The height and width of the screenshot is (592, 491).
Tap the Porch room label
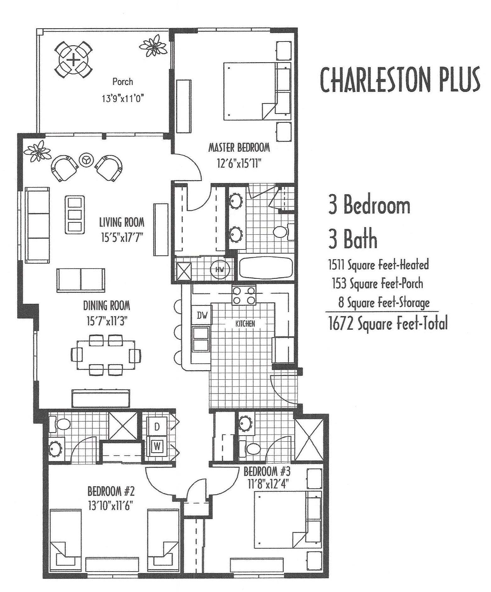[x=123, y=82]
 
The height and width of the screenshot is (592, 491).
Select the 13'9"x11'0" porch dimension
[x=123, y=98]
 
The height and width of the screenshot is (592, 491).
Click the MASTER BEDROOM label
[x=239, y=147]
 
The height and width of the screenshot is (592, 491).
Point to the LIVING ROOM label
[x=122, y=222]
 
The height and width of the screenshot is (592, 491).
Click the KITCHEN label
[x=245, y=323]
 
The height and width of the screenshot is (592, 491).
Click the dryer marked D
[x=157, y=427]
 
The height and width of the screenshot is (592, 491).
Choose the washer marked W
[x=157, y=446]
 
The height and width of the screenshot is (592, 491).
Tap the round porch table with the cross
[x=73, y=60]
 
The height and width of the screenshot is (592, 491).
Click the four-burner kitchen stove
[x=243, y=295]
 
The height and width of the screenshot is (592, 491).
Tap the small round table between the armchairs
[x=86, y=160]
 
